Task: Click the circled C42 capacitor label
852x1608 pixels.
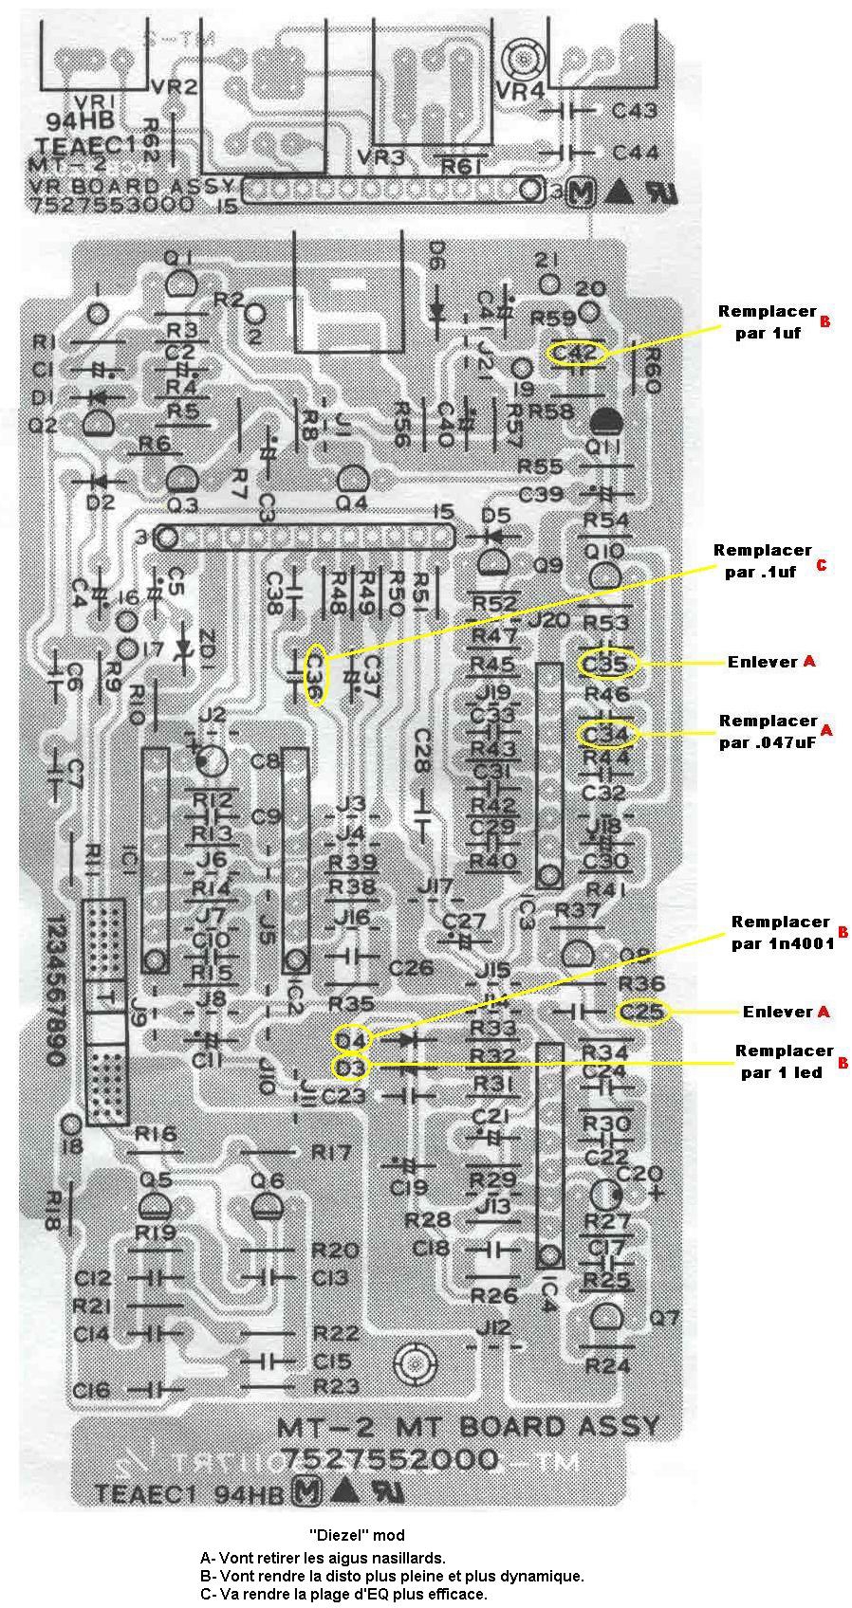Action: (576, 353)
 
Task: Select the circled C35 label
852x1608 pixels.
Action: (605, 664)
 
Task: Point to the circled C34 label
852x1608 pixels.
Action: (606, 734)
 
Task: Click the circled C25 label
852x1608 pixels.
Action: (642, 1012)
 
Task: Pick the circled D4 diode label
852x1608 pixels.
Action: (351, 1040)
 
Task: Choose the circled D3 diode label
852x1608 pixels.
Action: (351, 1068)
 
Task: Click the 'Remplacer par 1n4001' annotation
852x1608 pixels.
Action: (782, 932)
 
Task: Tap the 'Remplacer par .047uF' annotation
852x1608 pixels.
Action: (769, 731)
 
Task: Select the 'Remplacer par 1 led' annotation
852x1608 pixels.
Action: (782, 1062)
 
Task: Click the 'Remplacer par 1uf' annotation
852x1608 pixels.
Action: (767, 321)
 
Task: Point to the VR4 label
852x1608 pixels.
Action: (520, 90)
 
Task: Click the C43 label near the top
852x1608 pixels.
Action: (635, 111)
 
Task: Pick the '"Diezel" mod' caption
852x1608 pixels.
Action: (357, 1534)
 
